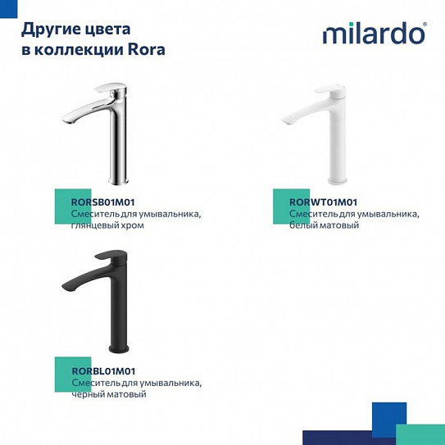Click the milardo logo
coord(374,34)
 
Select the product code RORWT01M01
coord(324,202)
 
